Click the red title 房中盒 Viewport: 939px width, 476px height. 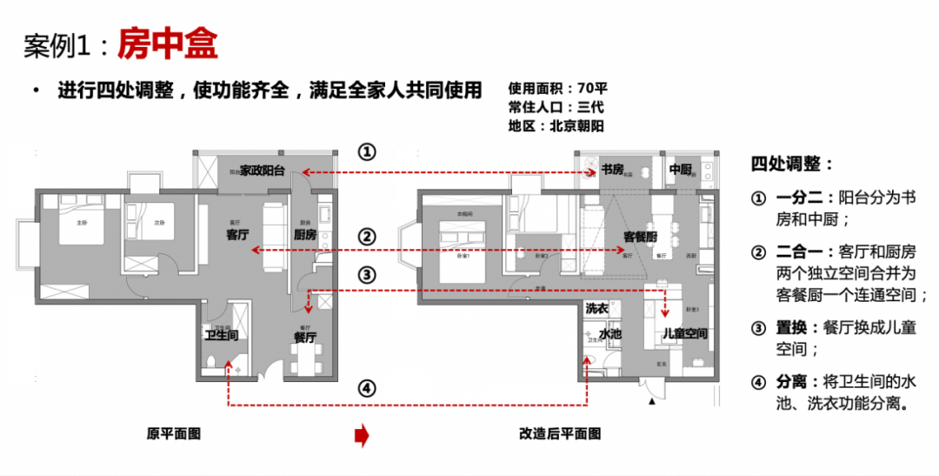168,44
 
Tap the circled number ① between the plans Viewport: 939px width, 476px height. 368,152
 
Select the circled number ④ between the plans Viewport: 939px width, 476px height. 368,388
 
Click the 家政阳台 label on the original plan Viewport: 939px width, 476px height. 263,171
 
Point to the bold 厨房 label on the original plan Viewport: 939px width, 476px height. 305,235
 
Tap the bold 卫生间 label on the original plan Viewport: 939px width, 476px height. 222,335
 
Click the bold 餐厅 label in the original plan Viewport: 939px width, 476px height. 304,338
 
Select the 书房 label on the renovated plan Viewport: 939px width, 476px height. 614,170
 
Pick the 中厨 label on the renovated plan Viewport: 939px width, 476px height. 680,170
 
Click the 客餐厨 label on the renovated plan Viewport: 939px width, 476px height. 640,237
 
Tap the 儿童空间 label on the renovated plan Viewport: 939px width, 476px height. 684,334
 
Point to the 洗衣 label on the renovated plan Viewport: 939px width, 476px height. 596,309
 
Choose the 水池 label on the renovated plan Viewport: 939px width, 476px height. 610,334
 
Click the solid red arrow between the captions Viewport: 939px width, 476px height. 362,434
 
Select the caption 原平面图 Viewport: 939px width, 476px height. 174,433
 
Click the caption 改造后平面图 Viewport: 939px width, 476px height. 560,433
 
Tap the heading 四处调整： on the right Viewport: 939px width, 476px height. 792,164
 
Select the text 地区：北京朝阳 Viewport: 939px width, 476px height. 556,126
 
